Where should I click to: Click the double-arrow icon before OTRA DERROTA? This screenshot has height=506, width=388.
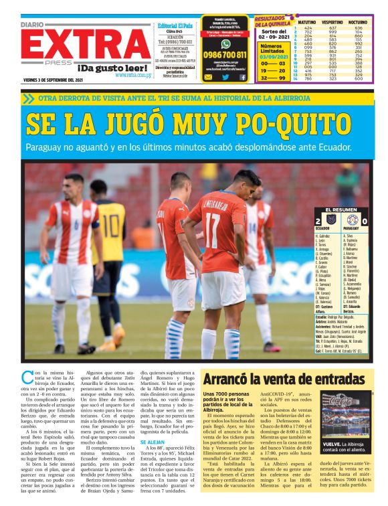(28, 98)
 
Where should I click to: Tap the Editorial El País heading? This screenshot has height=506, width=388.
(175, 25)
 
